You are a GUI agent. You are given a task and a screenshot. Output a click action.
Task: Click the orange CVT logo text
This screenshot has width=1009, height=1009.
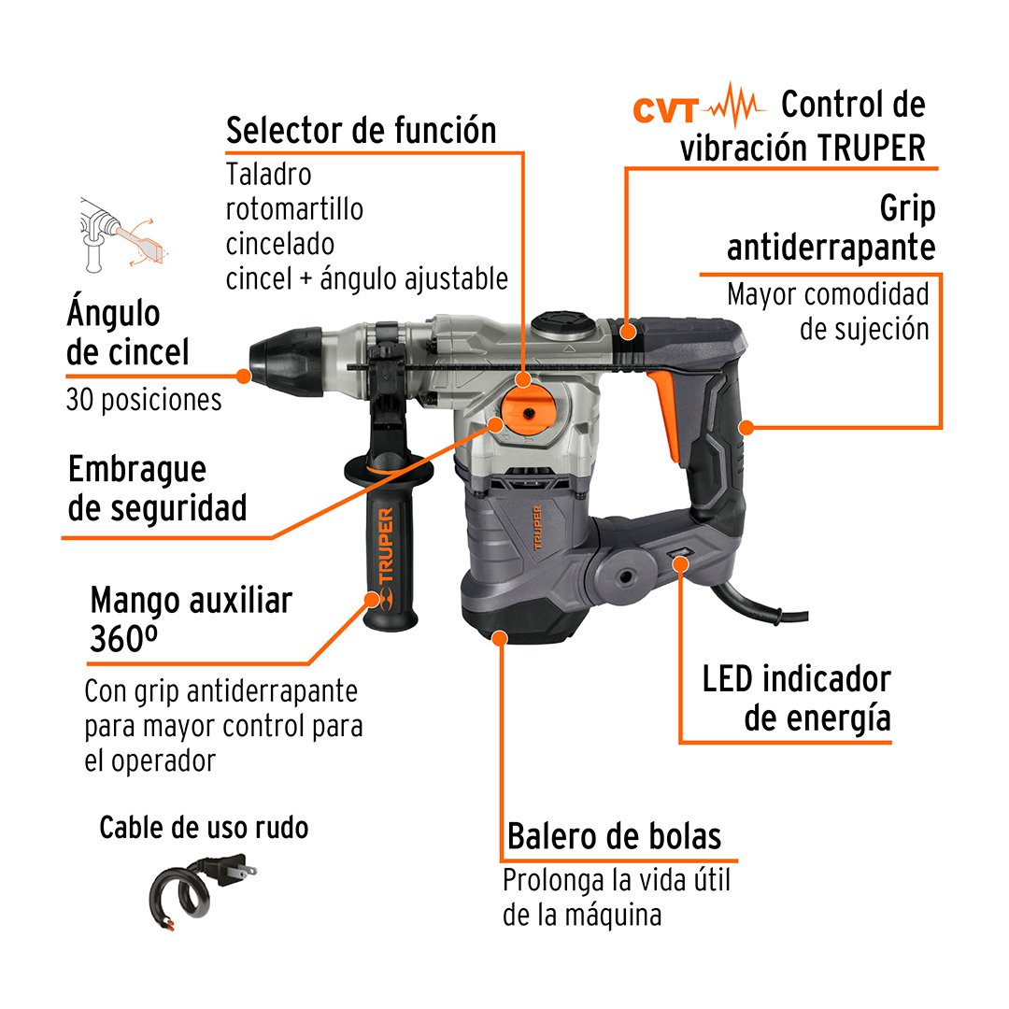click(x=665, y=110)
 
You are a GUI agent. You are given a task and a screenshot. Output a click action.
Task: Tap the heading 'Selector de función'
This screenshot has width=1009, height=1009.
click(x=361, y=131)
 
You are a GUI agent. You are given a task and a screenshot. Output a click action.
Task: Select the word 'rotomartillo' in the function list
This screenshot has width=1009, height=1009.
click(x=294, y=209)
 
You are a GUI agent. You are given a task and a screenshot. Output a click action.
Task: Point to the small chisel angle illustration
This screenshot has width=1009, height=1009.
click(x=122, y=234)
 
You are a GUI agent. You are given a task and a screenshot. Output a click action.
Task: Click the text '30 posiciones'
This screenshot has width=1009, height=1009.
click(x=144, y=400)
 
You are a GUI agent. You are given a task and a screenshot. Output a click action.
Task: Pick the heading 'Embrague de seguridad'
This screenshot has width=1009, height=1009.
click(x=158, y=489)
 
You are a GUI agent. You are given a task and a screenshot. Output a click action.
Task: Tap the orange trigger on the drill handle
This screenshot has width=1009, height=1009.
click(x=665, y=416)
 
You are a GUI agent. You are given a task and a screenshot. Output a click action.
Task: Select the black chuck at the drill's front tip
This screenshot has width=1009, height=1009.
click(x=287, y=362)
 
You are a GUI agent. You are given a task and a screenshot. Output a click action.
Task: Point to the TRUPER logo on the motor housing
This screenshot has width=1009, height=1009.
click(x=538, y=528)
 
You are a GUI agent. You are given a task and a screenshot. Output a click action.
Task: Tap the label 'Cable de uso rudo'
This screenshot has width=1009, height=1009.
click(x=204, y=828)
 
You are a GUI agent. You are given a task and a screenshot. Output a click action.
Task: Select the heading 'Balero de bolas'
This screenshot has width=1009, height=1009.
click(x=615, y=836)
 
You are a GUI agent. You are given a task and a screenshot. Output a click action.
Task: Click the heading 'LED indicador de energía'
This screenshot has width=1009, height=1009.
click(x=797, y=698)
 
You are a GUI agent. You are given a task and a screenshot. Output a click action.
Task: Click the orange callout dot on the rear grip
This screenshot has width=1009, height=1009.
click(x=746, y=427)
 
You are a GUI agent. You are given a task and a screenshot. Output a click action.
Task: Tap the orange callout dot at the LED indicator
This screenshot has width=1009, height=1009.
click(x=681, y=564)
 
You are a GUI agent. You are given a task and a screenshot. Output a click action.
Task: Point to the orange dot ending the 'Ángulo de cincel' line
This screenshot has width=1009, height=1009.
click(x=243, y=377)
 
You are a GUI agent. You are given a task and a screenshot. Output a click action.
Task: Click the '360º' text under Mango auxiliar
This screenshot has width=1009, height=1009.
click(x=123, y=639)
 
